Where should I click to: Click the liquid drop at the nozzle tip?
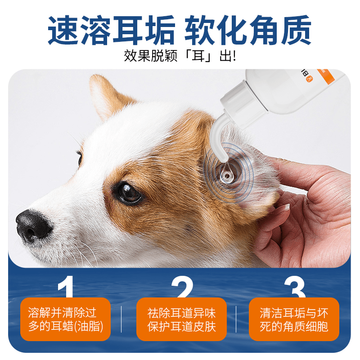click(226, 173)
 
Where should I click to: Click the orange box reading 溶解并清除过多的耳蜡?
click(65, 319)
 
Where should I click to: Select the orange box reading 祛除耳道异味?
click(182, 319)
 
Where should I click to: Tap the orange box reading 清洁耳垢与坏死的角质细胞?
click(294, 319)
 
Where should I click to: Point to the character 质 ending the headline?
click(296, 30)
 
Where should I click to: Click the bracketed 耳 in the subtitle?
click(198, 56)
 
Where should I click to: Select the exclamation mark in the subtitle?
click(234, 56)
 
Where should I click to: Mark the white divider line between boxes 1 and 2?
click(121, 319)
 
